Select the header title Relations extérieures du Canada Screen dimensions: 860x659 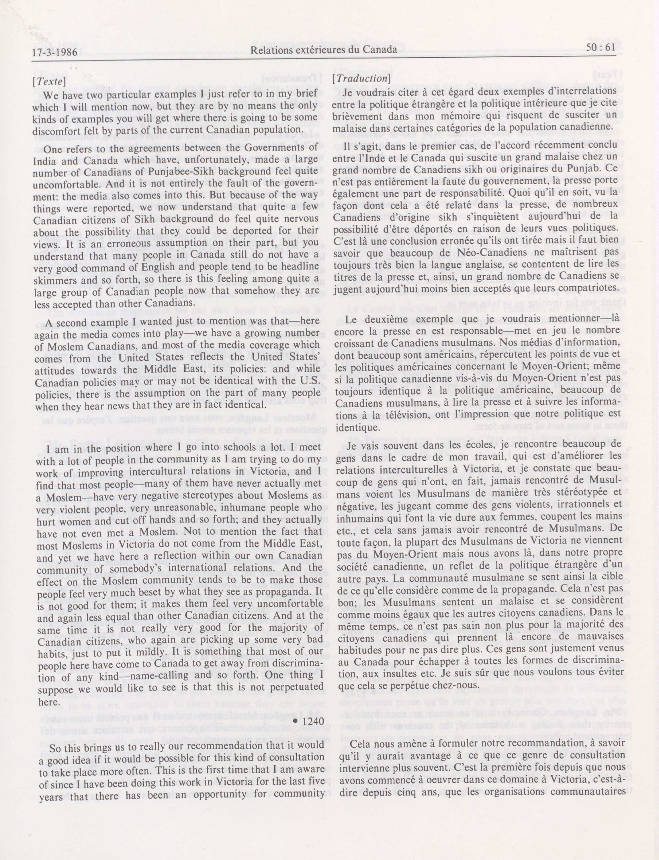tap(324, 50)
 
